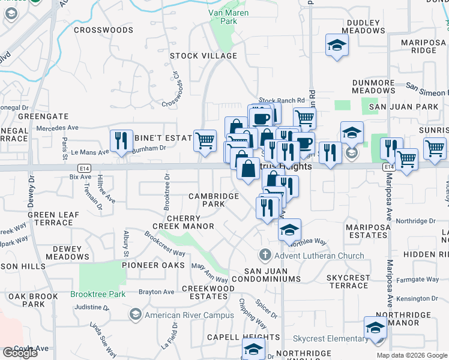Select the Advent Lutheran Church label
(x=319, y=256)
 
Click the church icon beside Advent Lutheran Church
(x=265, y=256)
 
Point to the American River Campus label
(x=189, y=315)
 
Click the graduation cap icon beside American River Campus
(x=136, y=315)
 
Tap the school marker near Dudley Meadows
(x=337, y=45)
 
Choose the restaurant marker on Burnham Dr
(x=121, y=141)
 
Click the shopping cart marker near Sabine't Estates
(x=205, y=141)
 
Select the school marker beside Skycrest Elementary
(x=375, y=329)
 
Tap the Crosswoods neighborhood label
(x=103, y=29)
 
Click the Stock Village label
(x=203, y=56)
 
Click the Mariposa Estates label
(x=367, y=231)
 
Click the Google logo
(x=20, y=353)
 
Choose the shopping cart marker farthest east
(x=434, y=148)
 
